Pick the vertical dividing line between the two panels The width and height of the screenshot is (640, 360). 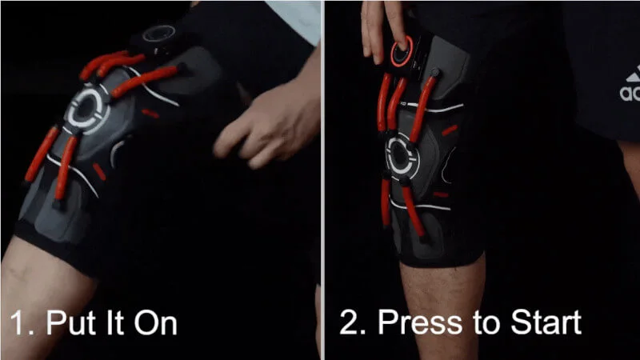(x=322, y=180)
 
